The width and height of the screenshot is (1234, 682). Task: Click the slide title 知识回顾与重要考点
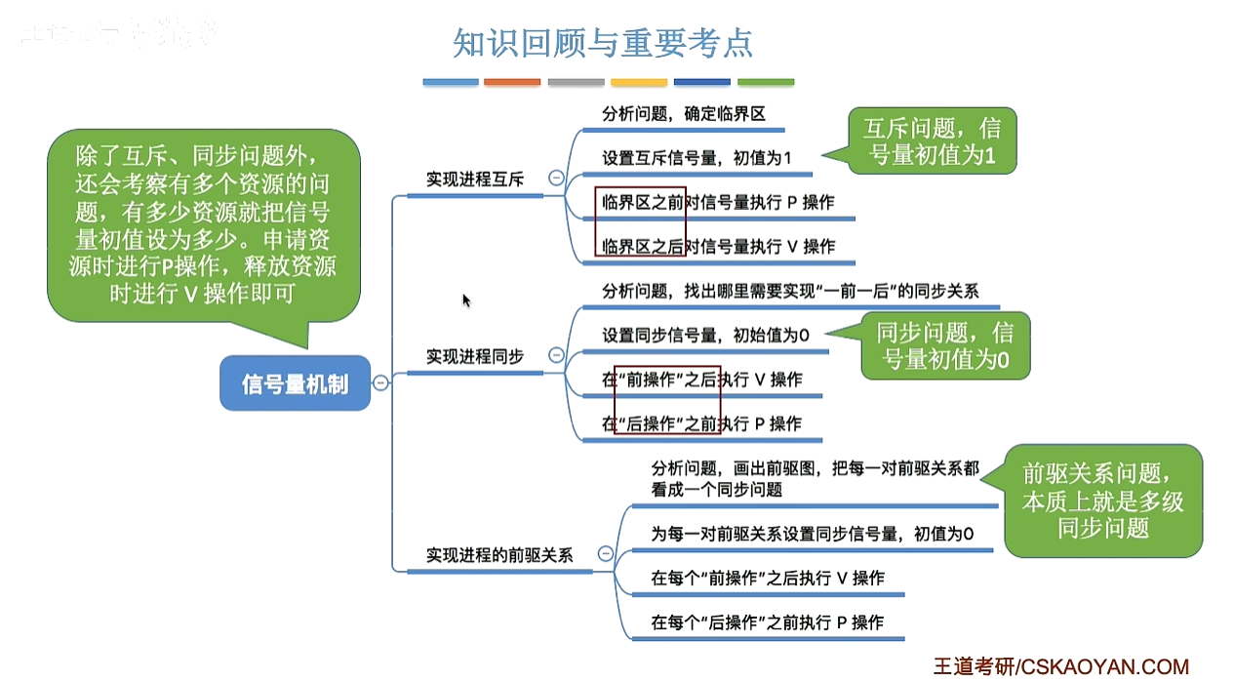pos(603,44)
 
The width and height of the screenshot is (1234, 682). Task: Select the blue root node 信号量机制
pos(294,383)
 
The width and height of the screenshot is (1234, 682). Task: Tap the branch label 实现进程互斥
pos(474,180)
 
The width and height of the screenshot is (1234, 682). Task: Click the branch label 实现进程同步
pos(474,357)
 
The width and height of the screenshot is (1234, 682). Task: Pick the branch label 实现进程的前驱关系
pos(498,555)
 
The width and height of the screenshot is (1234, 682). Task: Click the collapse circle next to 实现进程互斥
pos(556,179)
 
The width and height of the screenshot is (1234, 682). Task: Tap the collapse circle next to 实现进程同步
pos(556,355)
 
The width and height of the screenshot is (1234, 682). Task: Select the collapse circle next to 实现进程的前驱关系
pos(605,553)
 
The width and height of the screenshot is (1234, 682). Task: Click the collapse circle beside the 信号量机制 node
pos(380,383)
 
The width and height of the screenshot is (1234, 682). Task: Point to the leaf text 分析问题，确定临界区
pos(683,114)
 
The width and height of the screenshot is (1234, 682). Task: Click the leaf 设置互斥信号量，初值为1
pos(697,157)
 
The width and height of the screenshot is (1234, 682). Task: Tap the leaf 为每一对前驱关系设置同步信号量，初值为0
pos(812,534)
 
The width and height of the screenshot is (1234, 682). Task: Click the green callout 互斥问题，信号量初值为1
pos(931,141)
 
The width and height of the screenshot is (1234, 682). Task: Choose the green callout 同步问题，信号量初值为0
pos(944,345)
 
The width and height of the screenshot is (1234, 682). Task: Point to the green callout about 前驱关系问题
pos(1102,501)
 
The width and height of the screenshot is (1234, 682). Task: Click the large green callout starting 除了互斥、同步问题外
pos(203,224)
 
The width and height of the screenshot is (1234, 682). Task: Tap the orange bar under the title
pos(512,83)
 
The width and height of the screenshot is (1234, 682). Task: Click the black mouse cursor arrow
pos(466,300)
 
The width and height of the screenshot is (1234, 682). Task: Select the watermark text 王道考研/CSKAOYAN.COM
pos(1061,667)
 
